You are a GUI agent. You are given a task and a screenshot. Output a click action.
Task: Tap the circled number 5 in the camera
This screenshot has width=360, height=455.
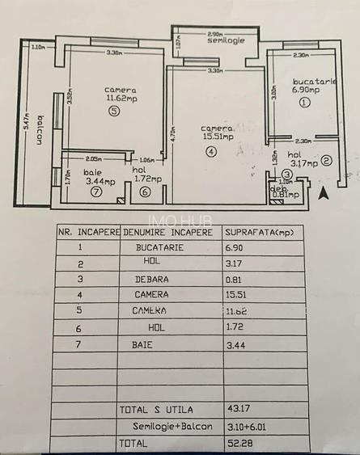(x=114, y=113)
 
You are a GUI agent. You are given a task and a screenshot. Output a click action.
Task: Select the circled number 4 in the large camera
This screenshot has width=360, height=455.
(x=211, y=151)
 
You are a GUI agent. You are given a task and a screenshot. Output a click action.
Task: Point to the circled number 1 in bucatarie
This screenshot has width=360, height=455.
(x=304, y=103)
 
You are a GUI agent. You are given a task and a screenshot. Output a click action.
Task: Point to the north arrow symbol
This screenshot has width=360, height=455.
(x=325, y=192)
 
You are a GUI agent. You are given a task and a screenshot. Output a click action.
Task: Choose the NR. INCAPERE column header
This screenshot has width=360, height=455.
(x=88, y=232)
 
